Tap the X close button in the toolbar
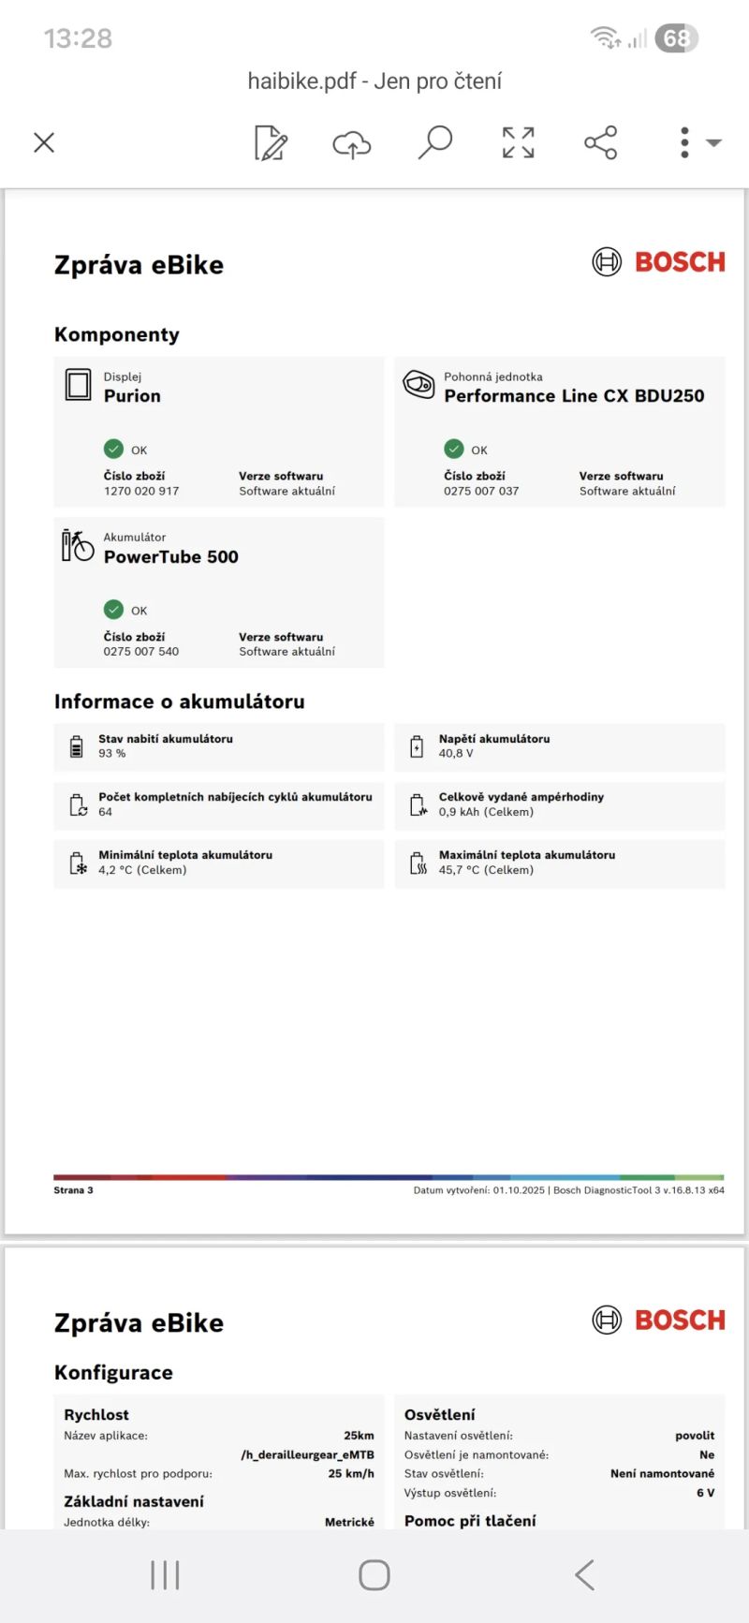pos(44,142)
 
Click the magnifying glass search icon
pos(434,142)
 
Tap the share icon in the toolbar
pos(600,142)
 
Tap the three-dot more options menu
pos(685,142)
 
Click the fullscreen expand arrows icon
pos(518,142)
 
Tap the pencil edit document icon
pos(271,143)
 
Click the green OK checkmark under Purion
pos(113,449)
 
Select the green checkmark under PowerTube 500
pos(113,610)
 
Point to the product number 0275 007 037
pos(481,491)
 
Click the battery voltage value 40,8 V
pos(456,753)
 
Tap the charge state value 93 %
pos(112,753)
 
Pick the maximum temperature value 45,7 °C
pos(486,870)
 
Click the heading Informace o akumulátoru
pos(180,701)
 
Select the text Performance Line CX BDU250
pos(574,396)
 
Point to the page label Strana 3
pos(73,1190)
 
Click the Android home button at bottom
pos(374,1575)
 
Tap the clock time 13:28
pos(78,38)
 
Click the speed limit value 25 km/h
pos(351,1473)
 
